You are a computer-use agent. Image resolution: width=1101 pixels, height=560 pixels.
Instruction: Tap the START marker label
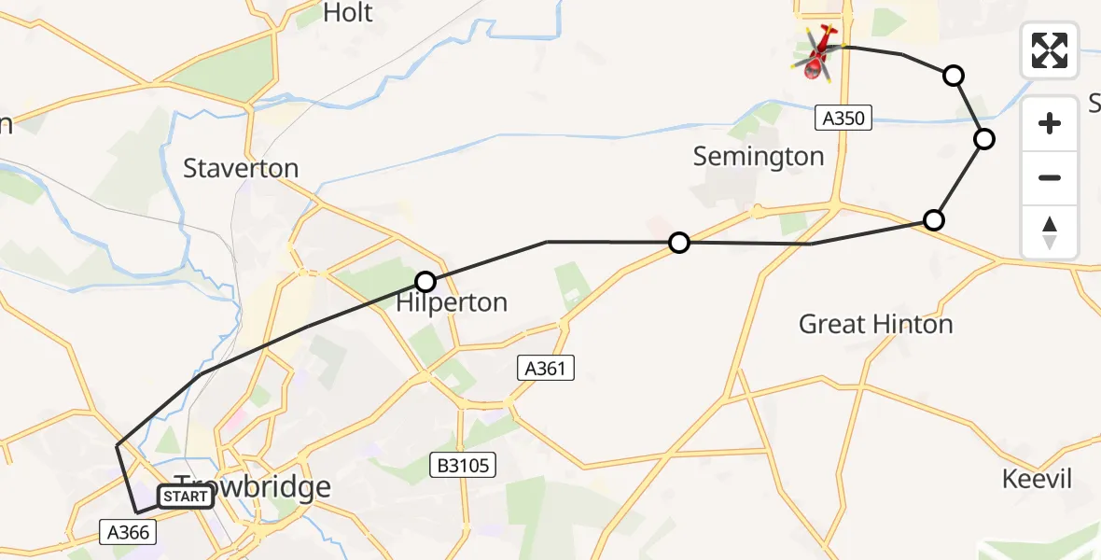[x=185, y=497]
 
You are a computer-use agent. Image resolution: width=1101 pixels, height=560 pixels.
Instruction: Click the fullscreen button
[x=1050, y=49]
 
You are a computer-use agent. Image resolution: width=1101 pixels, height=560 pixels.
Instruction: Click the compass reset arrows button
[x=1050, y=232]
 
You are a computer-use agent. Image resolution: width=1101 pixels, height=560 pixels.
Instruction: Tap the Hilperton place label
[x=452, y=302]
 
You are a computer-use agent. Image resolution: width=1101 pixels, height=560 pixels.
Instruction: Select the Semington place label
[x=759, y=157]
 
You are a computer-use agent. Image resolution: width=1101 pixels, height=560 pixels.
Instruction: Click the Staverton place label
[x=241, y=169]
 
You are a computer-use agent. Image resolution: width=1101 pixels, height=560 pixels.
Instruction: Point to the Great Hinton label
[x=875, y=325]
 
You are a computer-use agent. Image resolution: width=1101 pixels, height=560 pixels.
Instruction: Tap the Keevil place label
[x=1037, y=480]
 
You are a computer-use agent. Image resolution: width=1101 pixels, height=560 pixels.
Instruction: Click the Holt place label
[x=347, y=13]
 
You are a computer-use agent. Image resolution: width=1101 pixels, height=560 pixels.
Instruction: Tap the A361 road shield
[x=546, y=369]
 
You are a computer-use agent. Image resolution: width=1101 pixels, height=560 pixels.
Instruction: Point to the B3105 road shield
[x=460, y=464]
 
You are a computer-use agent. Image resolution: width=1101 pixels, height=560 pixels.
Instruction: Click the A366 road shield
[x=128, y=532]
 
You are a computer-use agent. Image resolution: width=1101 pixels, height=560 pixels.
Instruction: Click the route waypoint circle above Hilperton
[x=425, y=281]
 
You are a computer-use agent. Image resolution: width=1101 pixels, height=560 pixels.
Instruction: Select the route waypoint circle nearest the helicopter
[x=954, y=76]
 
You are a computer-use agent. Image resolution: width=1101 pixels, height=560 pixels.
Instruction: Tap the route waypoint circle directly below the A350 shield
[x=933, y=220]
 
